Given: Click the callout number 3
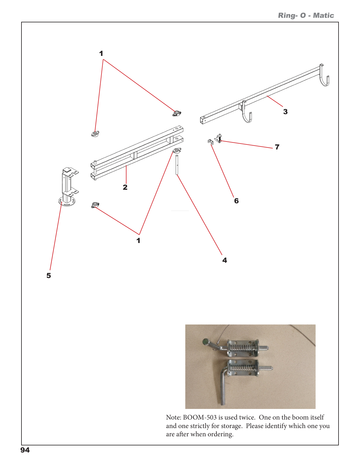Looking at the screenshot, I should point(285,112).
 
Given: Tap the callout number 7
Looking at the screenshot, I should point(277,147).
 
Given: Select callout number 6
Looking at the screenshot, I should point(236,201).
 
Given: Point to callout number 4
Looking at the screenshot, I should point(225,260).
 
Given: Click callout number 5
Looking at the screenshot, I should point(49,276).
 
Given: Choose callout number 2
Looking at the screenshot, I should point(125,187).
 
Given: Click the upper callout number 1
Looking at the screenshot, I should point(101,54).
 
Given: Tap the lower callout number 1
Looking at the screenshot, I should point(139,241).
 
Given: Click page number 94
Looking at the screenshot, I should point(25,450).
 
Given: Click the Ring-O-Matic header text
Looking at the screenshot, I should point(306,16).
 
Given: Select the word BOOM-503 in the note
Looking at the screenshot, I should point(200,417).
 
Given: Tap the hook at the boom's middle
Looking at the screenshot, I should point(246,115).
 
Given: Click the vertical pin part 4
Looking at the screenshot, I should point(177,165).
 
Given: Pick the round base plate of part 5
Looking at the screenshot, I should point(67,202).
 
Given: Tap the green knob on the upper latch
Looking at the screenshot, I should point(206,342).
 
